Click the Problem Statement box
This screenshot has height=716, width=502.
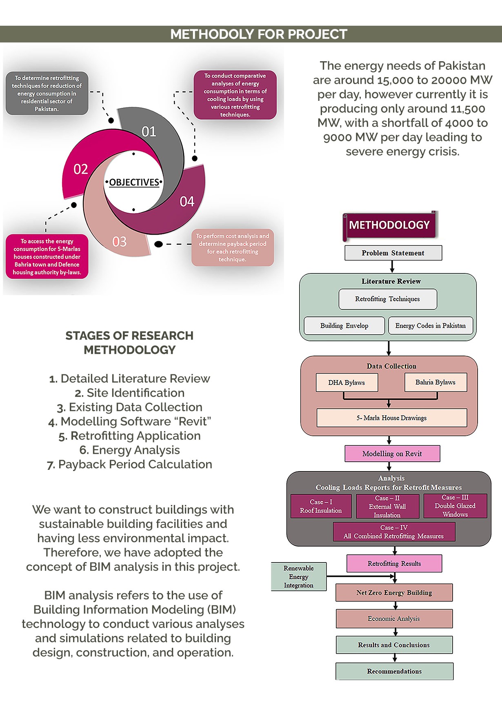tap(393, 253)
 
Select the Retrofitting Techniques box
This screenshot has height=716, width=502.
tap(387, 299)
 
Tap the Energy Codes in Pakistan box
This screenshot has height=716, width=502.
tap(430, 325)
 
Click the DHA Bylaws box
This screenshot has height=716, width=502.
tap(347, 382)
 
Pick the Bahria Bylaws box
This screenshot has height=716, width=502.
tap(435, 382)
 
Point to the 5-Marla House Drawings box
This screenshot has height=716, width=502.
tap(391, 418)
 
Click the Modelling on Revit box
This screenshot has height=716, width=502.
tap(392, 454)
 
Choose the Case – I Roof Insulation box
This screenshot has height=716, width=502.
tap(321, 506)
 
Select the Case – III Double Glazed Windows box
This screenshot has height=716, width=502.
tap(455, 506)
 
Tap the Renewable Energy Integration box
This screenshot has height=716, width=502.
tap(298, 576)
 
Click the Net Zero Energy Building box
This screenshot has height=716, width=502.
tap(394, 592)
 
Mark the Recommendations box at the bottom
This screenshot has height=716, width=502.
tap(394, 671)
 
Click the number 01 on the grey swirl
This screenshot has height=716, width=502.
tap(149, 131)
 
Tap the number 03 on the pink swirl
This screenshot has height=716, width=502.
tap(120, 242)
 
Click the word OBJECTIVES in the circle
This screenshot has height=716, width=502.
tap(134, 182)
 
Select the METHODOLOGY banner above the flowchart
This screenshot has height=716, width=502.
tap(389, 225)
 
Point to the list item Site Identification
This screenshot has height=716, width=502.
tap(130, 393)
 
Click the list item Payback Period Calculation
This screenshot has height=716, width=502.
tap(130, 464)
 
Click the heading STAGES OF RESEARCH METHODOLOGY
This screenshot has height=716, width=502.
tap(129, 342)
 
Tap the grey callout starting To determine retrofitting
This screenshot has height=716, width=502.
tap(47, 93)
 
